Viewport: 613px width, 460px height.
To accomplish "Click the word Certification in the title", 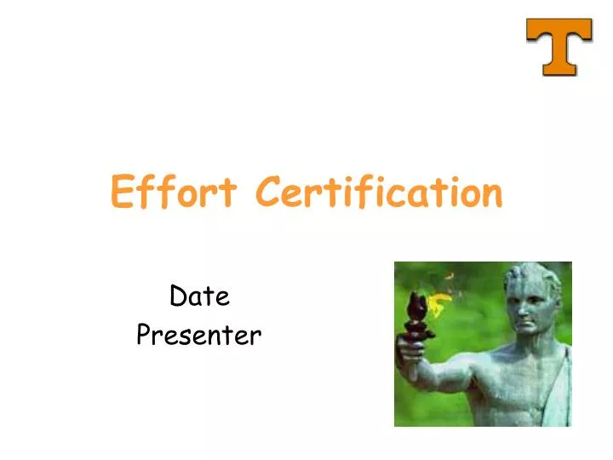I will pos(380,192).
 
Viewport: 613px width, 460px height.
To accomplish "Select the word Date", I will pos(199,296).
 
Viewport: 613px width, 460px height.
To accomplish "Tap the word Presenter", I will pos(198,336).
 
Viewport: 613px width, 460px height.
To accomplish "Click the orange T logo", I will pos(559,46).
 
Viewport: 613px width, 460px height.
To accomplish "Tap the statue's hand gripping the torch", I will pos(412,352).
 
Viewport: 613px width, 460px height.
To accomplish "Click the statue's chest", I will pos(519,392).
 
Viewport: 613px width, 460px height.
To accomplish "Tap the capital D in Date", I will pos(178,296).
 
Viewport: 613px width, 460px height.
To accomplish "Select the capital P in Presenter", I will pos(144,336).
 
